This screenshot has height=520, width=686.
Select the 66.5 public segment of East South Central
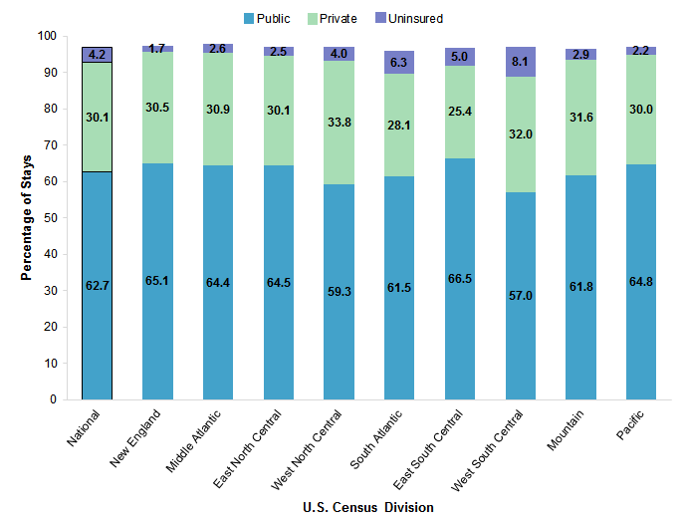pos(460,279)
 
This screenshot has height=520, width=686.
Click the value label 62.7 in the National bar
pos(97,286)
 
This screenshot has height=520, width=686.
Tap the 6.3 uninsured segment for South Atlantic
pos(399,63)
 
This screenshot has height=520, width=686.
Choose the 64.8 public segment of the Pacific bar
pos(641,282)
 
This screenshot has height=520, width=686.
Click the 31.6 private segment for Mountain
pos(580,117)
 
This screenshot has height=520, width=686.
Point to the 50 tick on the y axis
pos(56,218)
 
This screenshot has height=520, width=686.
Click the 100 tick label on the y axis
pos(49,36)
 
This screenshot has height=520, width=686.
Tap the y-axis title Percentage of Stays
pos(26,216)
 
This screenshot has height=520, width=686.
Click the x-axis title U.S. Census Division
pos(367,508)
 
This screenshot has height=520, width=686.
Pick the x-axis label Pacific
pos(634,426)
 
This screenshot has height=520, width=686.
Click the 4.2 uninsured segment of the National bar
pos(97,55)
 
